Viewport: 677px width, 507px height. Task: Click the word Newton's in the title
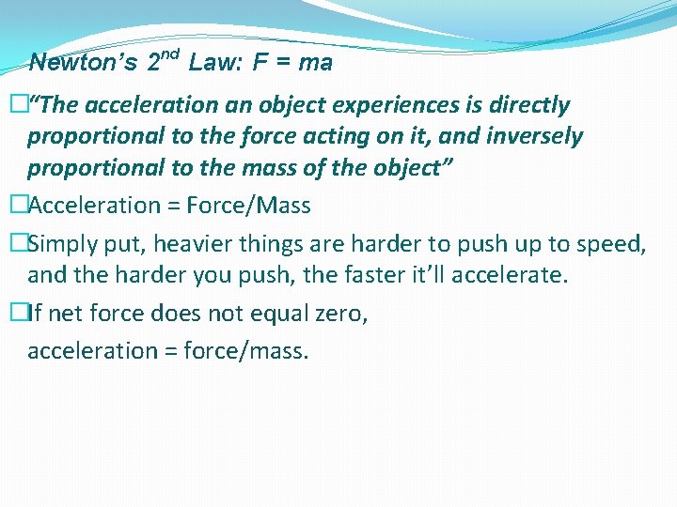(x=85, y=64)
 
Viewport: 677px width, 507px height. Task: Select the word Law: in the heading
(x=216, y=64)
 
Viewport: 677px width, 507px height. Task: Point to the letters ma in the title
(x=316, y=64)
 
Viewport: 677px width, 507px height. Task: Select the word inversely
(x=535, y=137)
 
